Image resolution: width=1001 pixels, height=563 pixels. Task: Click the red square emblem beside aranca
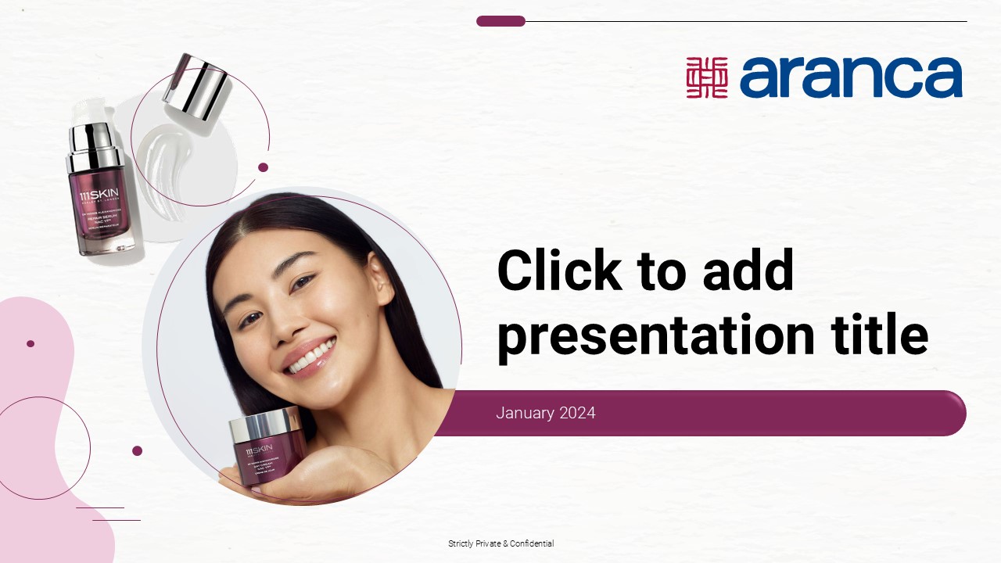pyautogui.click(x=707, y=77)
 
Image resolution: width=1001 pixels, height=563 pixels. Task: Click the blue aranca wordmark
pyautogui.click(x=851, y=77)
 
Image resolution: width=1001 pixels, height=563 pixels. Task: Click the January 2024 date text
pyautogui.click(x=545, y=413)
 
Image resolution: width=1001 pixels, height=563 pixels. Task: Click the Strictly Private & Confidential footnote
pyautogui.click(x=500, y=543)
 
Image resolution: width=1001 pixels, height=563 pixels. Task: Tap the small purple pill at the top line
pyautogui.click(x=500, y=21)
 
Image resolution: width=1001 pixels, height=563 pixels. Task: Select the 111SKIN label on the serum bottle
pyautogui.click(x=95, y=195)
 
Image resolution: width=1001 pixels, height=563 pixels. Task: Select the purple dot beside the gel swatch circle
pyautogui.click(x=263, y=167)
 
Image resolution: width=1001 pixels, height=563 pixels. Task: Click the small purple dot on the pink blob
pyautogui.click(x=30, y=343)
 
